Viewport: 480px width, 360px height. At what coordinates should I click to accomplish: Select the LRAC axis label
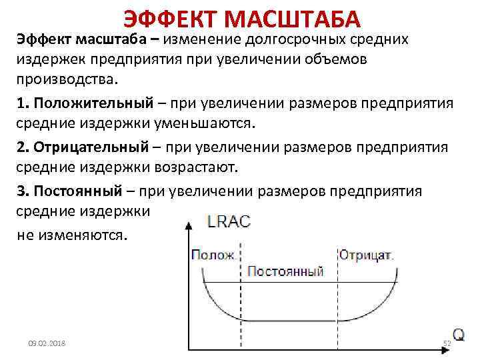(x=229, y=222)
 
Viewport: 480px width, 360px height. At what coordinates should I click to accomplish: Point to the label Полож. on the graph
(x=213, y=255)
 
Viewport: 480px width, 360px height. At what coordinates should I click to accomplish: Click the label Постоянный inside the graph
(x=285, y=271)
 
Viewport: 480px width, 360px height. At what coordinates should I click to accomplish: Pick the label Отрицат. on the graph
(x=366, y=255)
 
